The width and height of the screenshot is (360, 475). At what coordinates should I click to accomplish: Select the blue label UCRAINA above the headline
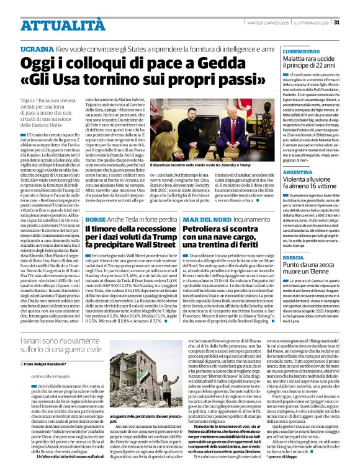coord(37,48)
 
